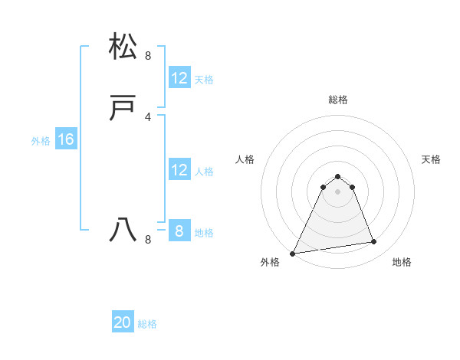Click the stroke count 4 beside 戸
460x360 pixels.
point(148,116)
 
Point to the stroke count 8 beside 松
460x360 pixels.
point(148,55)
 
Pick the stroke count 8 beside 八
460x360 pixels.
point(148,240)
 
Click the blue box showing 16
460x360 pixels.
point(65,139)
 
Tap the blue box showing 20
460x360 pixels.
point(123,322)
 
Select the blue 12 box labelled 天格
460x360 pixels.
point(179,78)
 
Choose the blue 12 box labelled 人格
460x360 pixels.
point(179,170)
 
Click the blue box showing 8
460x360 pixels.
point(179,231)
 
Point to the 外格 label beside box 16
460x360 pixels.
point(41,141)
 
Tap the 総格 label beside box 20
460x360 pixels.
point(147,324)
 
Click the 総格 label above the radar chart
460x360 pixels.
point(337,100)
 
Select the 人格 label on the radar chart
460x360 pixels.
point(245,159)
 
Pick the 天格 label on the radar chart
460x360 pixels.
point(431,159)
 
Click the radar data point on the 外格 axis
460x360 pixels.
point(293,253)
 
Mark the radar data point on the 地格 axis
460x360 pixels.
point(374,242)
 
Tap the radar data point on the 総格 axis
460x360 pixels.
point(337,176)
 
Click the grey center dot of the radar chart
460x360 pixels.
point(337,191)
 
